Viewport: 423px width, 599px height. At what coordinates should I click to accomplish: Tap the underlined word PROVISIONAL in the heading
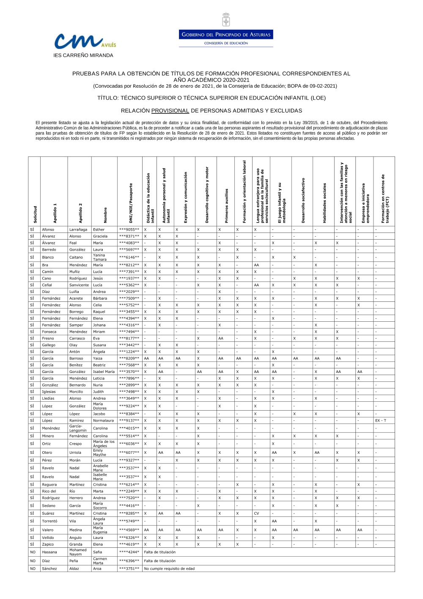(x=170, y=111)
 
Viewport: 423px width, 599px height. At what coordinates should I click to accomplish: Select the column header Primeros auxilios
(x=226, y=206)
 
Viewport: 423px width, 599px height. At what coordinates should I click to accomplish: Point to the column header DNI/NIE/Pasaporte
(x=131, y=203)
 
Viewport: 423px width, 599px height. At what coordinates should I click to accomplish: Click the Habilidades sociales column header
(x=324, y=203)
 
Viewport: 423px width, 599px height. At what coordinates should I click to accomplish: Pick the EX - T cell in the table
(x=381, y=421)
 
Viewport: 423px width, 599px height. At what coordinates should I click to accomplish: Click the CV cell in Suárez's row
(x=256, y=513)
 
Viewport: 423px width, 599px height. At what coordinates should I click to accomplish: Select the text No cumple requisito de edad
(x=169, y=569)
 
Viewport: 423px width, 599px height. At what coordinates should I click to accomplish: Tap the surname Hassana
(x=49, y=552)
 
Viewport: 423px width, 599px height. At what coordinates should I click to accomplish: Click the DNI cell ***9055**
(x=129, y=229)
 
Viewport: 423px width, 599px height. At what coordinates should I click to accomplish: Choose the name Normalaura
(x=103, y=421)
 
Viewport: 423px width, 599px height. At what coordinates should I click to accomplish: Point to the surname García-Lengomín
(x=78, y=428)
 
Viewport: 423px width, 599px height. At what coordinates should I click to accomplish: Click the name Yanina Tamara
(x=100, y=257)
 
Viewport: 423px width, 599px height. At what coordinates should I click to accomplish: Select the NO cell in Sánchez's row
(x=33, y=569)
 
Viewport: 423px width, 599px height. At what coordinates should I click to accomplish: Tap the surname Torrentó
(x=49, y=521)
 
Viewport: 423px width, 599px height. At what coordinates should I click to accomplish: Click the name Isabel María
(x=104, y=372)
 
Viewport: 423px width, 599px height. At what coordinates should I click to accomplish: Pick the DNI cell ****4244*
(x=129, y=552)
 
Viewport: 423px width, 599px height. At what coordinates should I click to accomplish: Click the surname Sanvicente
(x=79, y=285)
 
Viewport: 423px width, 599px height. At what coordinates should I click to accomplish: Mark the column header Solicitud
(x=35, y=214)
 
